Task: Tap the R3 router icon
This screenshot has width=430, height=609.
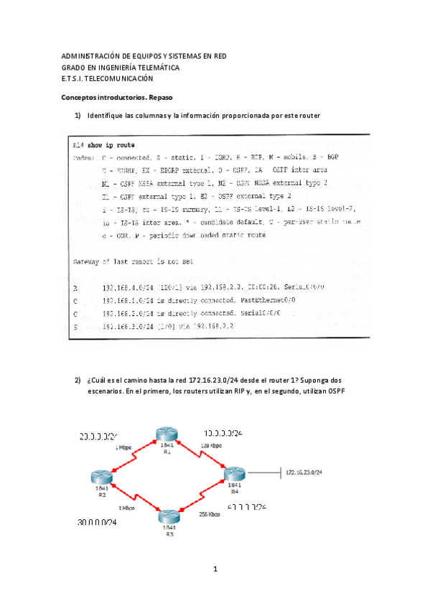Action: pos(168,516)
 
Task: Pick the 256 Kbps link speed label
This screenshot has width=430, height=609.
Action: pos(208,514)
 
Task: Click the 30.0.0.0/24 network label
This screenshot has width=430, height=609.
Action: pos(97,523)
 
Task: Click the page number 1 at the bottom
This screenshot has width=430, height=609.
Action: pos(215,569)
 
